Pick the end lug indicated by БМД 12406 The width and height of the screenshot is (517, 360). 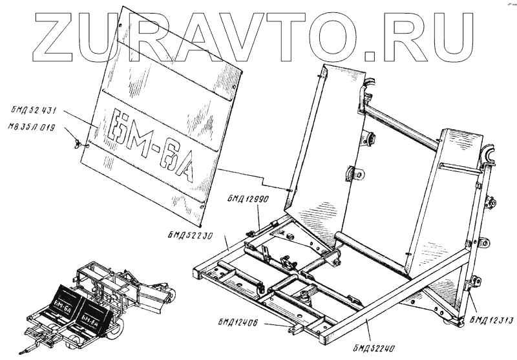coord(295,330)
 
